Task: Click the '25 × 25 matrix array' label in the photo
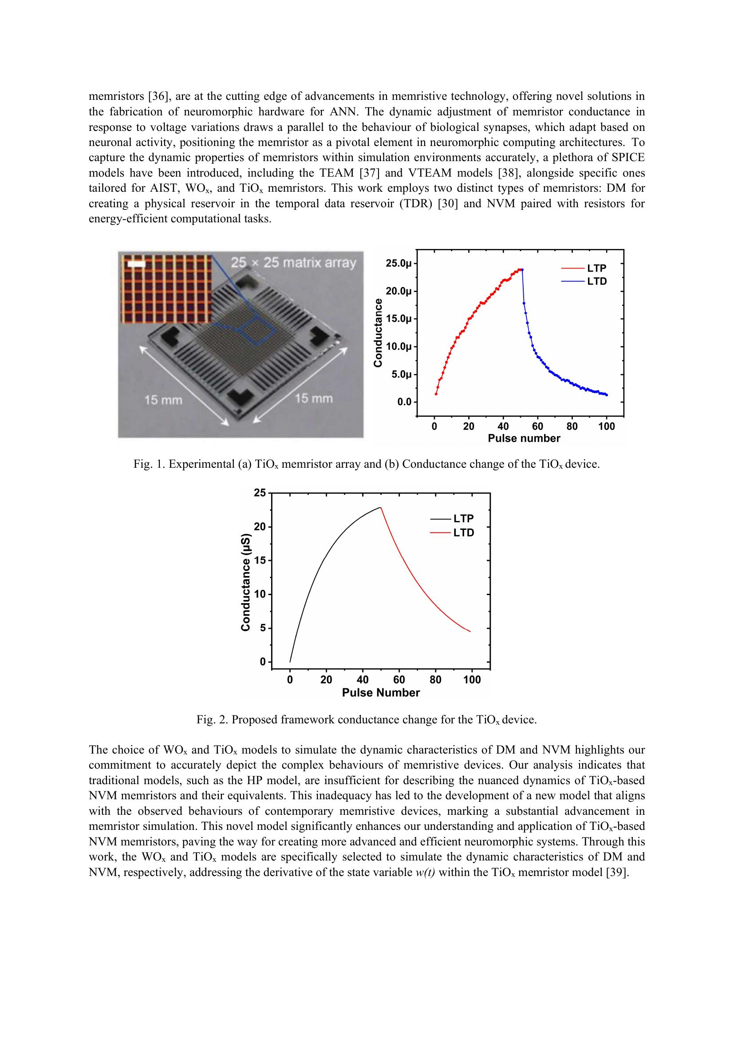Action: coord(293,263)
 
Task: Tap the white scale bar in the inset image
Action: coord(137,263)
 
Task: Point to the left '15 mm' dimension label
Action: coord(163,400)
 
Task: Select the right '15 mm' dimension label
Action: coord(314,398)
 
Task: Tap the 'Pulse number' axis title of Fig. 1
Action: coord(524,438)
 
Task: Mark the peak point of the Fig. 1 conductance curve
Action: coord(521,269)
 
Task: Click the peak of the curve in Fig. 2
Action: coord(381,507)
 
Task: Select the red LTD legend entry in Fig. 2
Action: coord(452,533)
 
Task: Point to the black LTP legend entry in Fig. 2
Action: coord(452,518)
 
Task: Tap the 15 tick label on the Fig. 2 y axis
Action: coord(260,560)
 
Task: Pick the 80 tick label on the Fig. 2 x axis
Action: coord(435,680)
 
